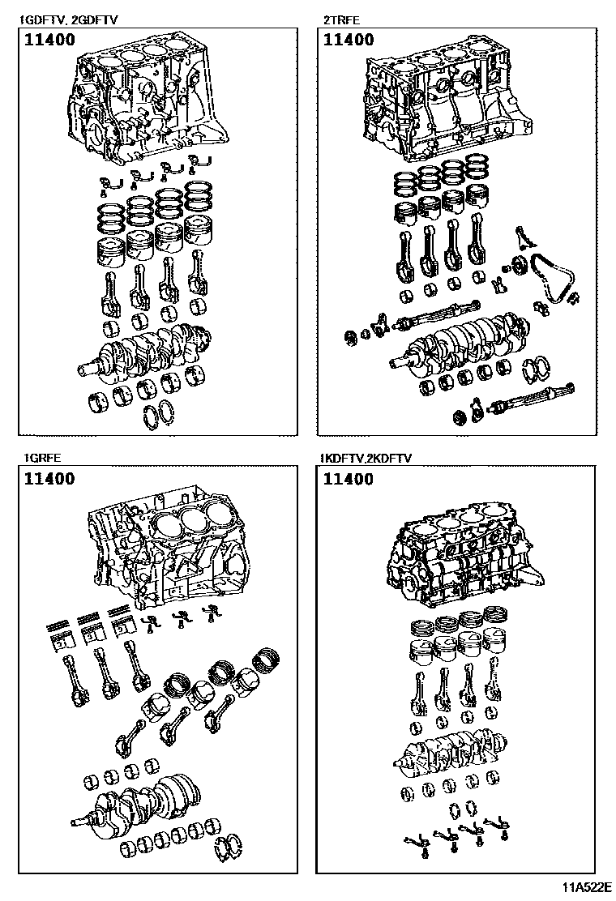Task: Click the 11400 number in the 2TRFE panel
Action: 348,40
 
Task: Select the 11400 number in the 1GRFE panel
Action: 49,478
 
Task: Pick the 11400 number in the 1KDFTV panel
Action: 348,479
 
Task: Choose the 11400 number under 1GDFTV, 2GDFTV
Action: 49,40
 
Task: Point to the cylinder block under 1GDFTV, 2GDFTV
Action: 146,101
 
